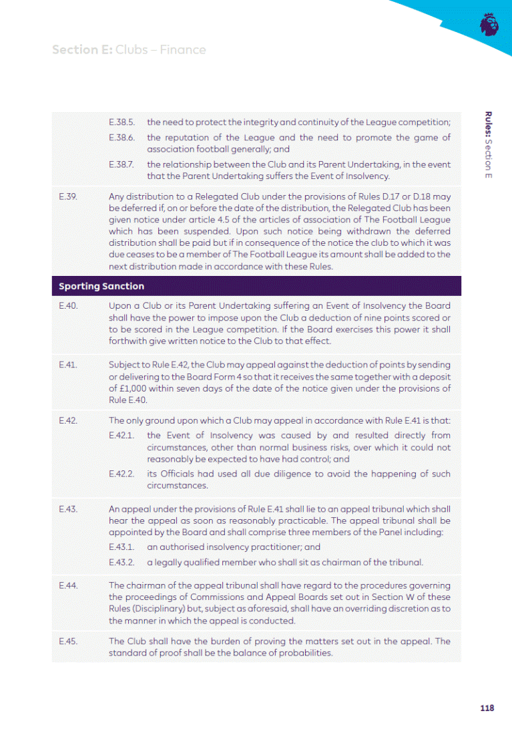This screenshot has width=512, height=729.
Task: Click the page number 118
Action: coord(486,708)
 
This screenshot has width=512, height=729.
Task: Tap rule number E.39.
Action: coord(69,196)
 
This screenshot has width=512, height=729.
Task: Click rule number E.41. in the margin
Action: coord(69,365)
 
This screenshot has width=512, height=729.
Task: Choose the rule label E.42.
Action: coord(69,420)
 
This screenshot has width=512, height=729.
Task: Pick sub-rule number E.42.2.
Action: coord(122,474)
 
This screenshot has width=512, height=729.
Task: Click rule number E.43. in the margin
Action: coord(69,508)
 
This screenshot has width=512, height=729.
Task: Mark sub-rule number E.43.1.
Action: coord(122,546)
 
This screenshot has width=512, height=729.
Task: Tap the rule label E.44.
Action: coord(69,585)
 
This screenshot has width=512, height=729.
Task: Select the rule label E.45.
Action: coord(69,641)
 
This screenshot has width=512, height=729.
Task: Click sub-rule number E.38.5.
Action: coord(122,122)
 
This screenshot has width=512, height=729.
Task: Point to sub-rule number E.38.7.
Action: coord(122,164)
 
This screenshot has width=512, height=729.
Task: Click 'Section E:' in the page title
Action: coord(82,50)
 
